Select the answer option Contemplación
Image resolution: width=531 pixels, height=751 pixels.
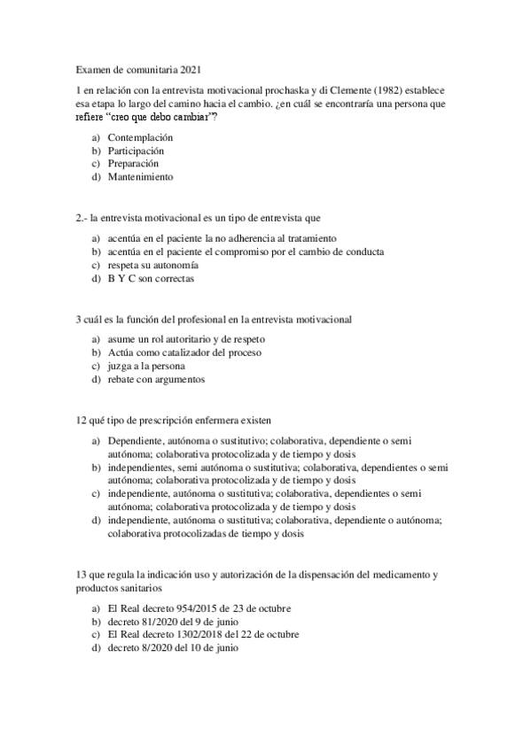(139, 138)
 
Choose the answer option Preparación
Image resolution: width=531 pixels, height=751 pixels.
(133, 164)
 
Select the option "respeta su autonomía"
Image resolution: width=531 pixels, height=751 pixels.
(152, 266)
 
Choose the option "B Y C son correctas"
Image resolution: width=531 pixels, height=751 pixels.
(150, 279)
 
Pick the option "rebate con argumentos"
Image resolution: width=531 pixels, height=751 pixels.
(156, 380)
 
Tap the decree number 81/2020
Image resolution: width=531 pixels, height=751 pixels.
(164, 622)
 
